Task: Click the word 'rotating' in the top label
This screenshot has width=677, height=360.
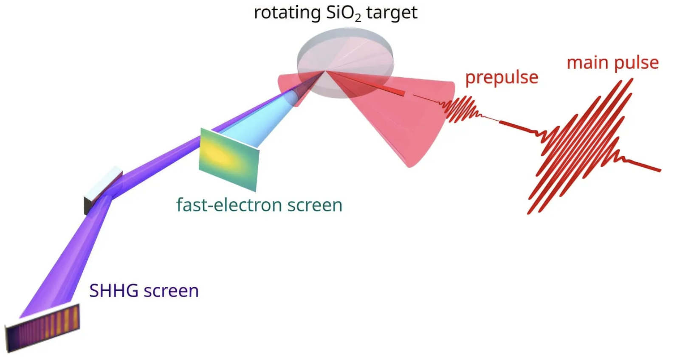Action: coord(287,13)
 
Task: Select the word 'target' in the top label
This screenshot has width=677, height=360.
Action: coord(392,13)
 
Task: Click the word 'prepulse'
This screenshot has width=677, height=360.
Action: coord(502,78)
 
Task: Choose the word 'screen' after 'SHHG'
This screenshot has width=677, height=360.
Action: coord(171,291)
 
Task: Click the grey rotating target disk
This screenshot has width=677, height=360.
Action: coord(345,62)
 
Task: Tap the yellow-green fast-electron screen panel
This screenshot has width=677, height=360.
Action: coord(229,160)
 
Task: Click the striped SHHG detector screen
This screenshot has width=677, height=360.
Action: coord(43,328)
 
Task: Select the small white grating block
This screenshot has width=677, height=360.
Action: coord(103,190)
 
